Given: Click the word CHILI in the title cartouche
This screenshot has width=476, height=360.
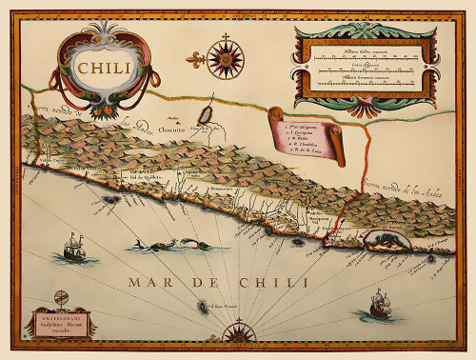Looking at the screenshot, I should point(105,69).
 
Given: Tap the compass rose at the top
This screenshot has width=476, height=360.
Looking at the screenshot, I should point(226,57).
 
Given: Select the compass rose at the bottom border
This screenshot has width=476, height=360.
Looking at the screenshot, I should point(234,330).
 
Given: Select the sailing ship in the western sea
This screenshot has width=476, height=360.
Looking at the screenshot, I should point(73,250).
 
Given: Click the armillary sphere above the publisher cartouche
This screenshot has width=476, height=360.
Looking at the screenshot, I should point(62,299).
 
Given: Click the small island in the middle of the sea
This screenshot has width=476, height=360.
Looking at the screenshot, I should point(202,306).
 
